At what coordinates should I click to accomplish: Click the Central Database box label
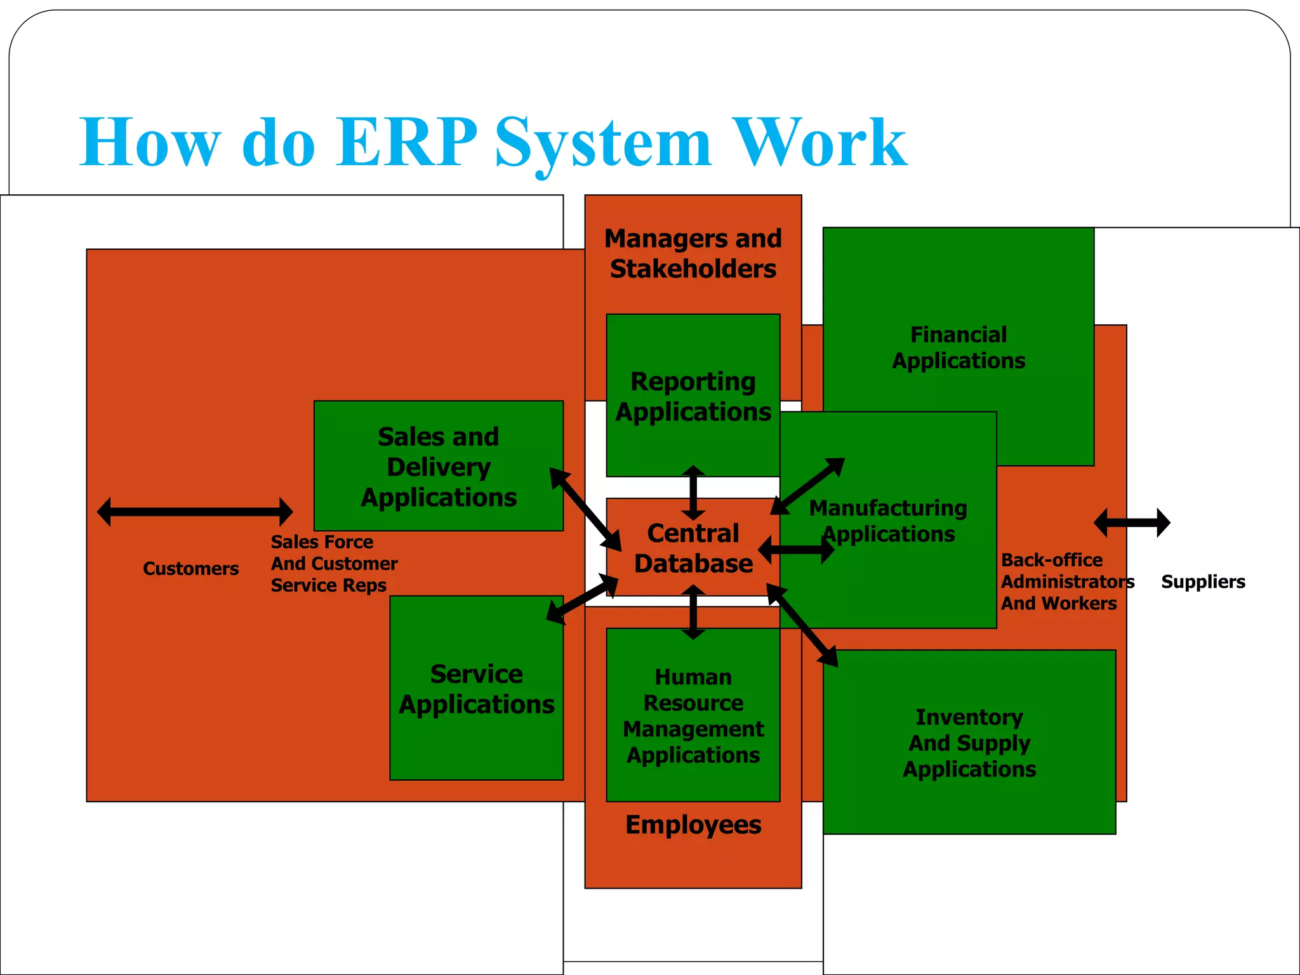[x=693, y=548]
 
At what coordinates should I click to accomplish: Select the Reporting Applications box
[x=693, y=395]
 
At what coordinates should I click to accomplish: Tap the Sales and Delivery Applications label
[x=439, y=467]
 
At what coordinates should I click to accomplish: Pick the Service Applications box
[x=476, y=689]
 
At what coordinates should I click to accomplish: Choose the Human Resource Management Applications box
[x=693, y=715]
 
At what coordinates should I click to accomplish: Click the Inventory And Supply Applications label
[x=969, y=743]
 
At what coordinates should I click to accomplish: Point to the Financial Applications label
[x=958, y=347]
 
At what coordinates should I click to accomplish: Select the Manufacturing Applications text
[x=888, y=521]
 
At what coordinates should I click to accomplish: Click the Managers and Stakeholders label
[x=693, y=253]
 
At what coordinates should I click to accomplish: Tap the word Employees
[x=693, y=825]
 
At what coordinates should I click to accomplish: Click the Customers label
[x=190, y=568]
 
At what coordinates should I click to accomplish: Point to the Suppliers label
[x=1203, y=581]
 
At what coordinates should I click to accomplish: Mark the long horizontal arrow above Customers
[x=195, y=512]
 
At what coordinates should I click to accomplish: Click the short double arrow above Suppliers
[x=1132, y=523]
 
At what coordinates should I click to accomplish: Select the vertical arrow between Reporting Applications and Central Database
[x=693, y=493]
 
